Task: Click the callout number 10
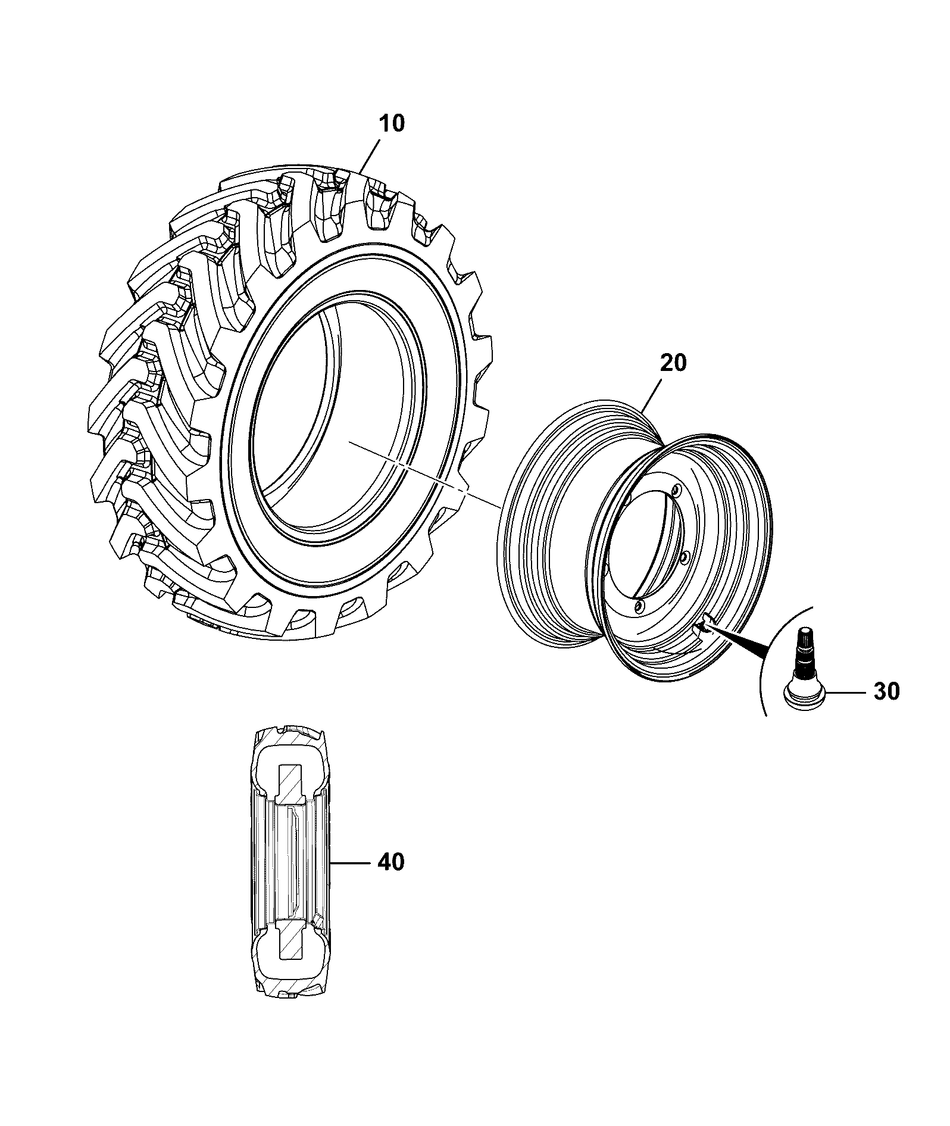pyautogui.click(x=391, y=123)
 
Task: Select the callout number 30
pyautogui.click(x=886, y=693)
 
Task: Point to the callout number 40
pyautogui.click(x=390, y=862)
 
